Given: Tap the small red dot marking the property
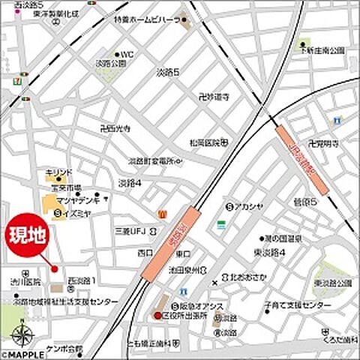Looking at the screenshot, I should point(54,268).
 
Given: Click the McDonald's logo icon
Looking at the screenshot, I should point(161,214).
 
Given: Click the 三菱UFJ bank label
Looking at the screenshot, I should point(127,230).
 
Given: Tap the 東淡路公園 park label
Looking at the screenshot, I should point(333,283).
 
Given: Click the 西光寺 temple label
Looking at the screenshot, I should point(115,128).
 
